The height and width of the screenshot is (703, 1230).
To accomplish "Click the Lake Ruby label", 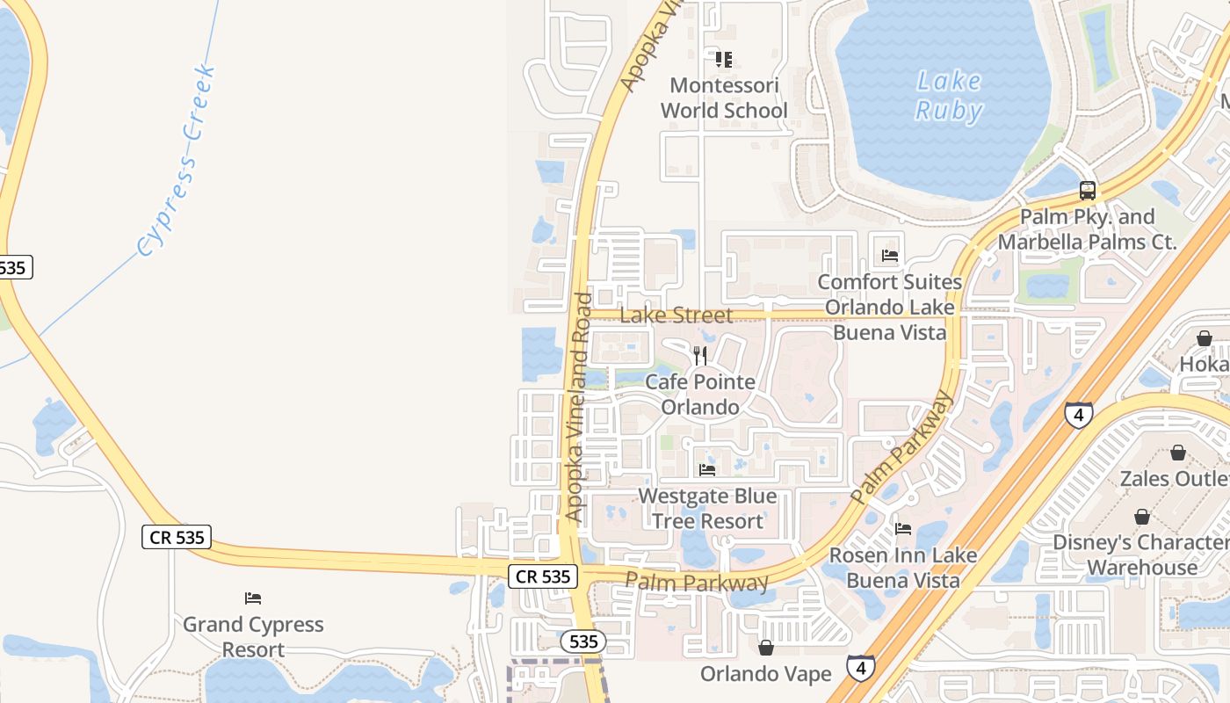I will [x=948, y=95].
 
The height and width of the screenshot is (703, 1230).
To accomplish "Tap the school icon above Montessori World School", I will [x=723, y=60].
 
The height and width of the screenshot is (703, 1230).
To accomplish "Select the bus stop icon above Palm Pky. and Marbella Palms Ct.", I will [x=1087, y=190].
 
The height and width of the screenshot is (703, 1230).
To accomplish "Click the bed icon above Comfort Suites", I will [x=889, y=256].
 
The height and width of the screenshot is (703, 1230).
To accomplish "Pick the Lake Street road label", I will [x=676, y=315].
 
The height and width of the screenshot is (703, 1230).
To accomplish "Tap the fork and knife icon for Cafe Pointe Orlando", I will [x=699, y=356].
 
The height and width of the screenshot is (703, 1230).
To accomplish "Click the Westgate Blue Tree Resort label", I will [x=707, y=509].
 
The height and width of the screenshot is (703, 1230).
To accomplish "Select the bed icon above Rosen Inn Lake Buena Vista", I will [x=902, y=529].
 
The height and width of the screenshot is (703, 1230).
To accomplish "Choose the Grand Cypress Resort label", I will [x=253, y=637].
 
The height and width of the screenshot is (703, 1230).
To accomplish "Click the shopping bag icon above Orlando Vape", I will [x=766, y=648].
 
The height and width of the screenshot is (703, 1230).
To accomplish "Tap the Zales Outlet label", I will [x=1174, y=479].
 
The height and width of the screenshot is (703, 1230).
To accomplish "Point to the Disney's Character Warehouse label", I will [x=1140, y=554].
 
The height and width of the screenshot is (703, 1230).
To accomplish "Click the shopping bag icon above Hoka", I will [x=1204, y=338].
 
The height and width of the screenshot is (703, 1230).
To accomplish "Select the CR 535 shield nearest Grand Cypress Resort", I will [x=177, y=537].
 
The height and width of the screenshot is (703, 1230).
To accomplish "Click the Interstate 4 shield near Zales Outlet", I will [x=1078, y=415].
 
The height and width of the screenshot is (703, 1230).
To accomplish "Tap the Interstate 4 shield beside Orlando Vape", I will [x=861, y=668].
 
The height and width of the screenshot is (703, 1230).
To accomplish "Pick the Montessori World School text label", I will [x=724, y=98].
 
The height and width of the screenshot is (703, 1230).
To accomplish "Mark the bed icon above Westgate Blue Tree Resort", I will [x=706, y=470].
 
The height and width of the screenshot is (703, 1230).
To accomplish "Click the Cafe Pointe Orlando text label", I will [x=700, y=395].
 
